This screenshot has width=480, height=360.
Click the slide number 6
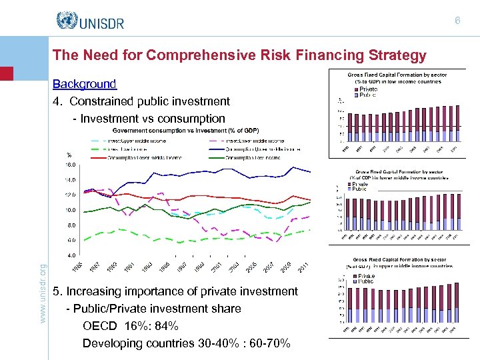[x=457, y=21]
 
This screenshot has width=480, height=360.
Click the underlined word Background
[x=84, y=84]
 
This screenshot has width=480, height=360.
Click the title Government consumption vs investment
[x=185, y=130]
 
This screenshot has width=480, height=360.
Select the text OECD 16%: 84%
[x=131, y=326]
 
